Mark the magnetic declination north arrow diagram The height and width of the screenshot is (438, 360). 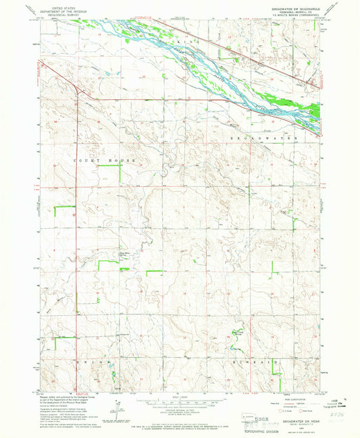119,408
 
